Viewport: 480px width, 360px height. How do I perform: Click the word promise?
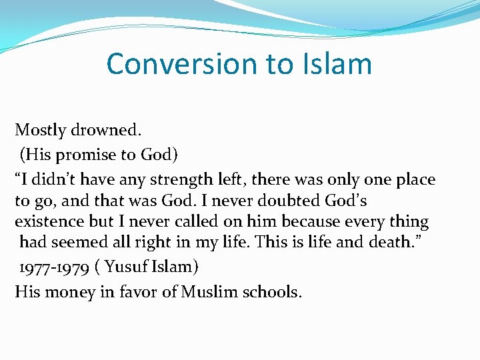click(x=85, y=155)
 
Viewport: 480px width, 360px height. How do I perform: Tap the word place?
click(x=412, y=179)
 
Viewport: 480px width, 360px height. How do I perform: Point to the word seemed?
click(x=82, y=242)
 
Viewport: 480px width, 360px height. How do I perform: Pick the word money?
click(x=69, y=292)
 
